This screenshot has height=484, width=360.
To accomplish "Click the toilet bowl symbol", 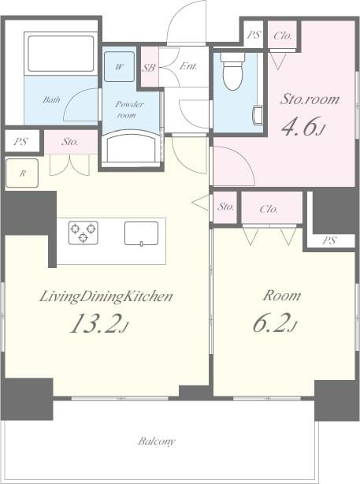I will [232, 73].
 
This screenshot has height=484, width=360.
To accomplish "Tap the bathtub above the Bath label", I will [61, 54].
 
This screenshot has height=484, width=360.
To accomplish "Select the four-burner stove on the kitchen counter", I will [84, 232].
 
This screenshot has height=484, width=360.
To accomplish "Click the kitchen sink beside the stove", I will [141, 233].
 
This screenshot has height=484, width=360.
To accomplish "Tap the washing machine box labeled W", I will [119, 67].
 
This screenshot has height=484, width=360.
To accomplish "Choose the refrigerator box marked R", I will [21, 173].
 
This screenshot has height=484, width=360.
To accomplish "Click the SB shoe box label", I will [148, 68].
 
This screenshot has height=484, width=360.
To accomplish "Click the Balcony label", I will [157, 441].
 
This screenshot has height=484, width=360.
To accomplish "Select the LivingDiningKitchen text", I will [106, 296].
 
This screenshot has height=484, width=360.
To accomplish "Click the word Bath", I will [51, 100].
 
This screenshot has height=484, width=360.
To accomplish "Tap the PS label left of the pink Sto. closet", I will [20, 143].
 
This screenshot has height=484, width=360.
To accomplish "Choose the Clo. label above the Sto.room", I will [284, 35].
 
